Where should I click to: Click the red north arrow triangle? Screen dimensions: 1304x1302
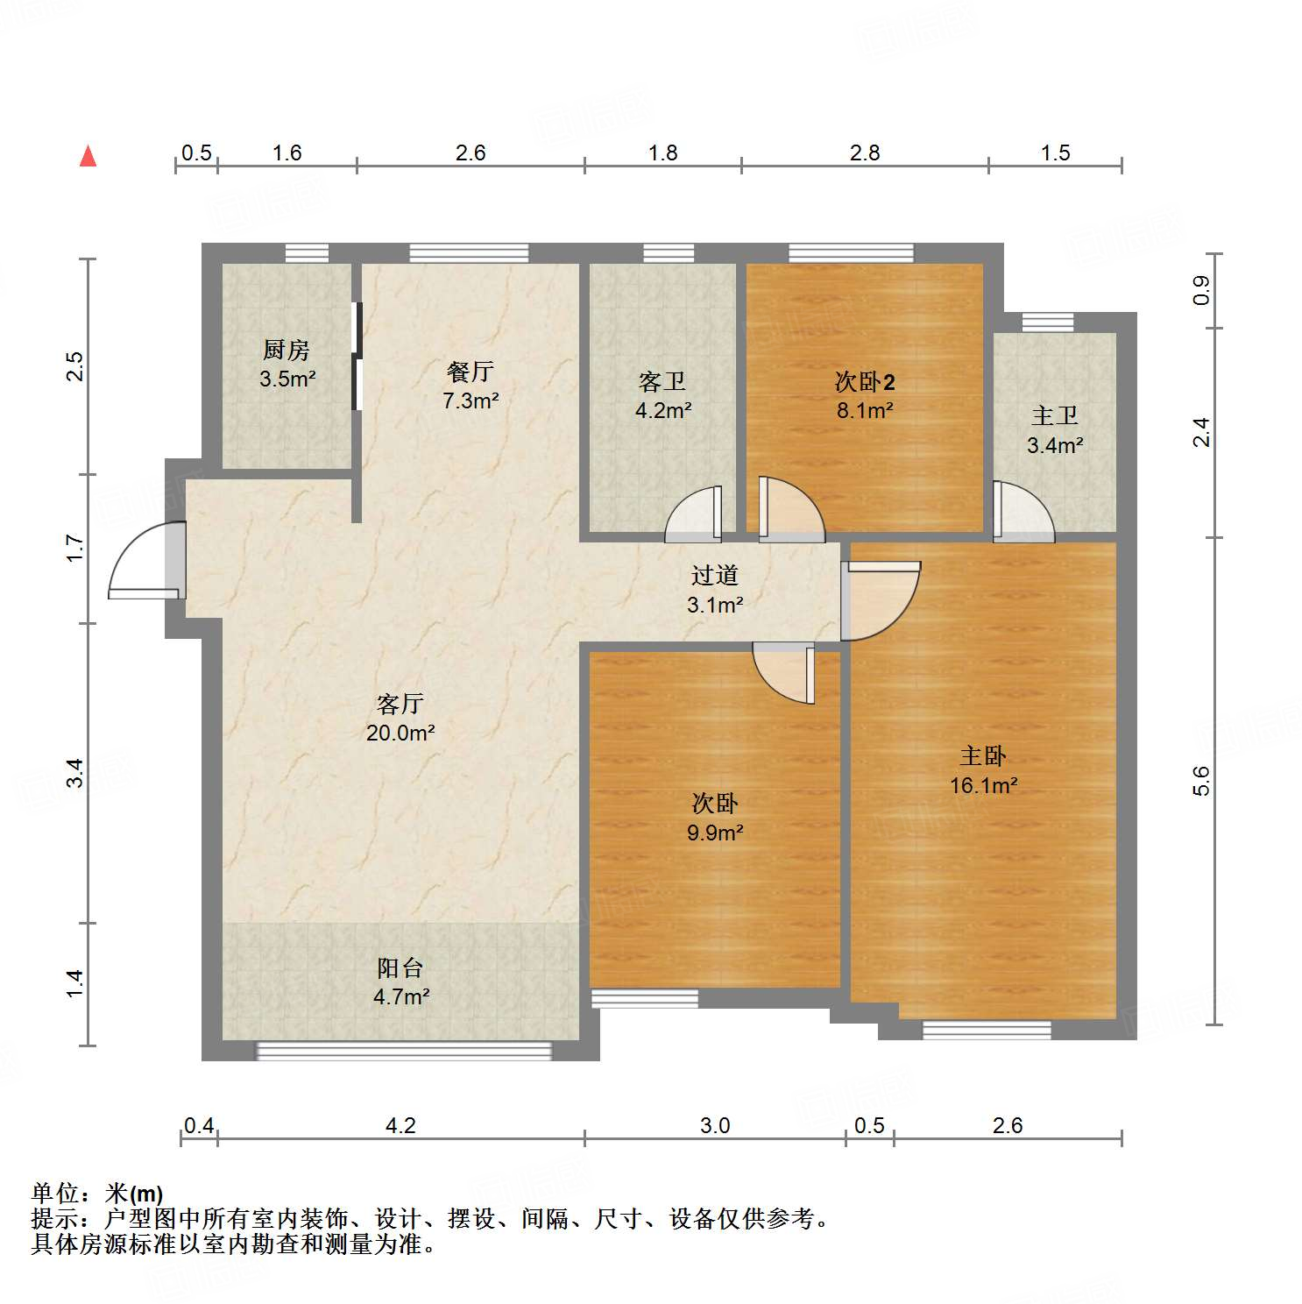click(x=88, y=157)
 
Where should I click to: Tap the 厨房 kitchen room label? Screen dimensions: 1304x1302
click(x=287, y=351)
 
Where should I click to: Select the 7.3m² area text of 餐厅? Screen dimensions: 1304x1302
click(x=471, y=401)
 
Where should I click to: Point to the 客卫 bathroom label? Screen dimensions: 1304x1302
click(x=662, y=382)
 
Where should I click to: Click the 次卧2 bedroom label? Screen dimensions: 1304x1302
click(x=864, y=382)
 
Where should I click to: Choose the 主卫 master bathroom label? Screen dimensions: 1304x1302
click(x=1055, y=415)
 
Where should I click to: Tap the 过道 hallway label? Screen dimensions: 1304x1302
click(x=715, y=576)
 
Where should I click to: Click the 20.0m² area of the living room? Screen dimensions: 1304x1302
click(x=400, y=733)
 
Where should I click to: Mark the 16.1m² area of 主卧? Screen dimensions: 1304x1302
click(x=983, y=786)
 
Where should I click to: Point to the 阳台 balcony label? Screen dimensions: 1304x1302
click(x=400, y=968)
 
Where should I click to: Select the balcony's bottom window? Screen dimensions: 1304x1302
click(x=404, y=1051)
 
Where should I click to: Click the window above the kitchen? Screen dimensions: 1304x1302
click(x=307, y=253)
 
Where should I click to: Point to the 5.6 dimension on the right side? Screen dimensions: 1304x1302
click(x=1201, y=781)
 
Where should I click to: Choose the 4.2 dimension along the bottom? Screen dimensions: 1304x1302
click(x=400, y=1126)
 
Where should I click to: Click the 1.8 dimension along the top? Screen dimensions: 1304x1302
click(x=662, y=153)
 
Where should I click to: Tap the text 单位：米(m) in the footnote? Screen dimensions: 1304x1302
click(x=97, y=1194)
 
